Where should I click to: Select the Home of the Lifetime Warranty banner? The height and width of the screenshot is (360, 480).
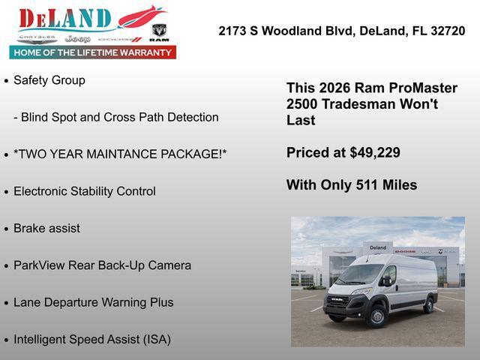93,52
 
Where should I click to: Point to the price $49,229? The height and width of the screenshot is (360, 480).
375,153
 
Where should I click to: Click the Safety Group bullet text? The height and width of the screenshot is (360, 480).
49,80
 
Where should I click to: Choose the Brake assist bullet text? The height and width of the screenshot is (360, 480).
46,228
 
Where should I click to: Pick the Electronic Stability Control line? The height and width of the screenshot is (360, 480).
85,191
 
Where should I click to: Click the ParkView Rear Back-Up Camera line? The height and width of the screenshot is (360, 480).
102,265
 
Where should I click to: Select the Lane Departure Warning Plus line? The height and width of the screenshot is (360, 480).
93,302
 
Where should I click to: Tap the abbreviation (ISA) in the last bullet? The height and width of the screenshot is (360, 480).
153,339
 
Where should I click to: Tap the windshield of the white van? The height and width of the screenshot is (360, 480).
359,274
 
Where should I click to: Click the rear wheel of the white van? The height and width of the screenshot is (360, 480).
429,304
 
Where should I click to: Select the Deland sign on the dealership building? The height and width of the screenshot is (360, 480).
378,247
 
